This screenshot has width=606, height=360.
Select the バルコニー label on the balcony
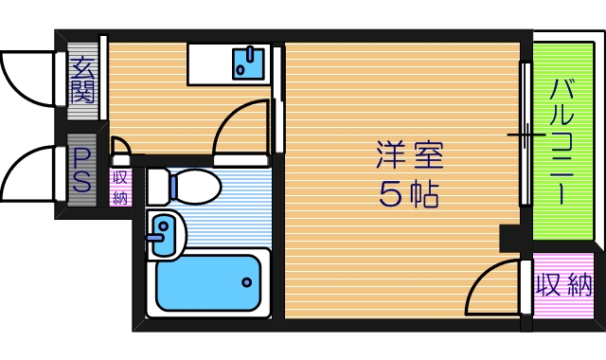(559, 142)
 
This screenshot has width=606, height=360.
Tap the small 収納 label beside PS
(120, 187)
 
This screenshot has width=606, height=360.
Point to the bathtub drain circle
(246, 282)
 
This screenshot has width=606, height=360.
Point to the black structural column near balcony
(510, 237)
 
